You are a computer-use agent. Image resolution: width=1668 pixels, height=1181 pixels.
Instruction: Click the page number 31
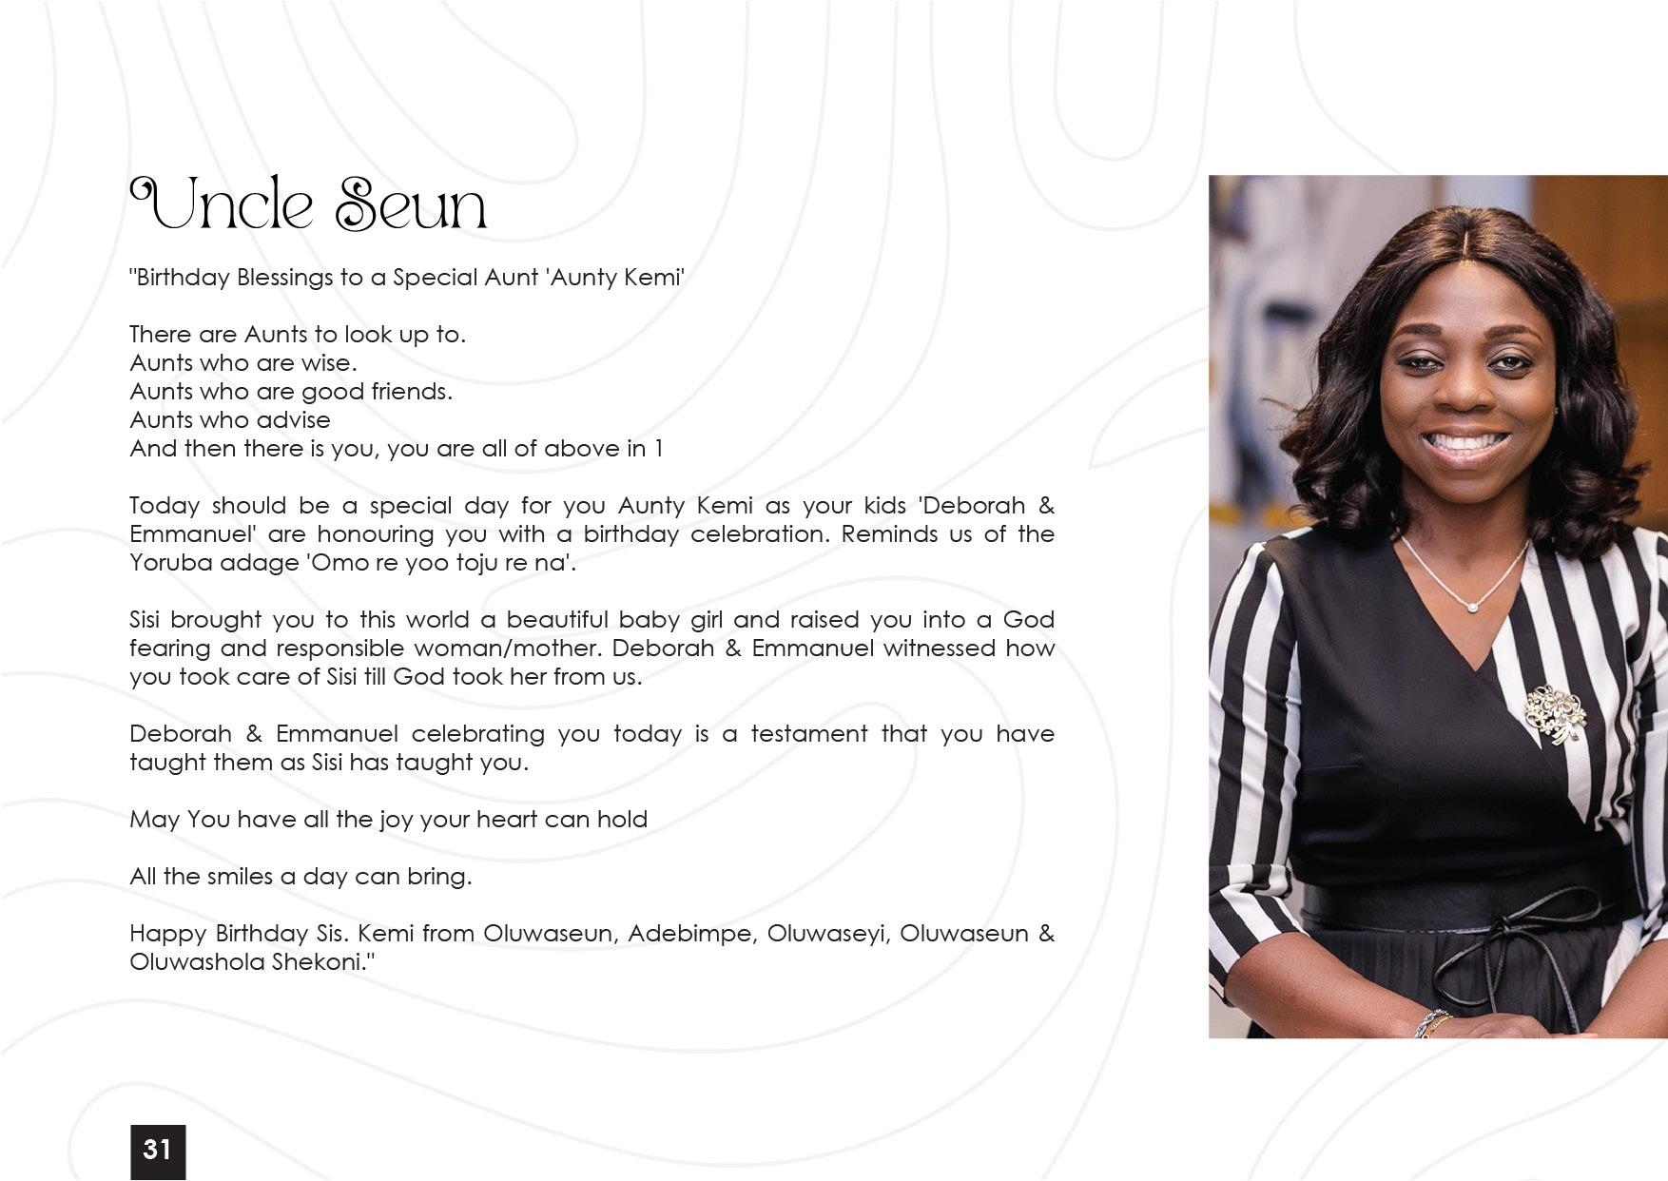[157, 1150]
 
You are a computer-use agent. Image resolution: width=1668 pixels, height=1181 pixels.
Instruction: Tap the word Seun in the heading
[410, 204]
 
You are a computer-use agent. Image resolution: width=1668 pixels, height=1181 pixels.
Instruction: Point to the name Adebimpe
[689, 933]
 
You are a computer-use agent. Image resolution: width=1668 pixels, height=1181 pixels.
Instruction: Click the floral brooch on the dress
[1555, 713]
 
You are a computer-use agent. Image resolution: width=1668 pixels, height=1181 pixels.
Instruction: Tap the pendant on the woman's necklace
[1473, 606]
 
